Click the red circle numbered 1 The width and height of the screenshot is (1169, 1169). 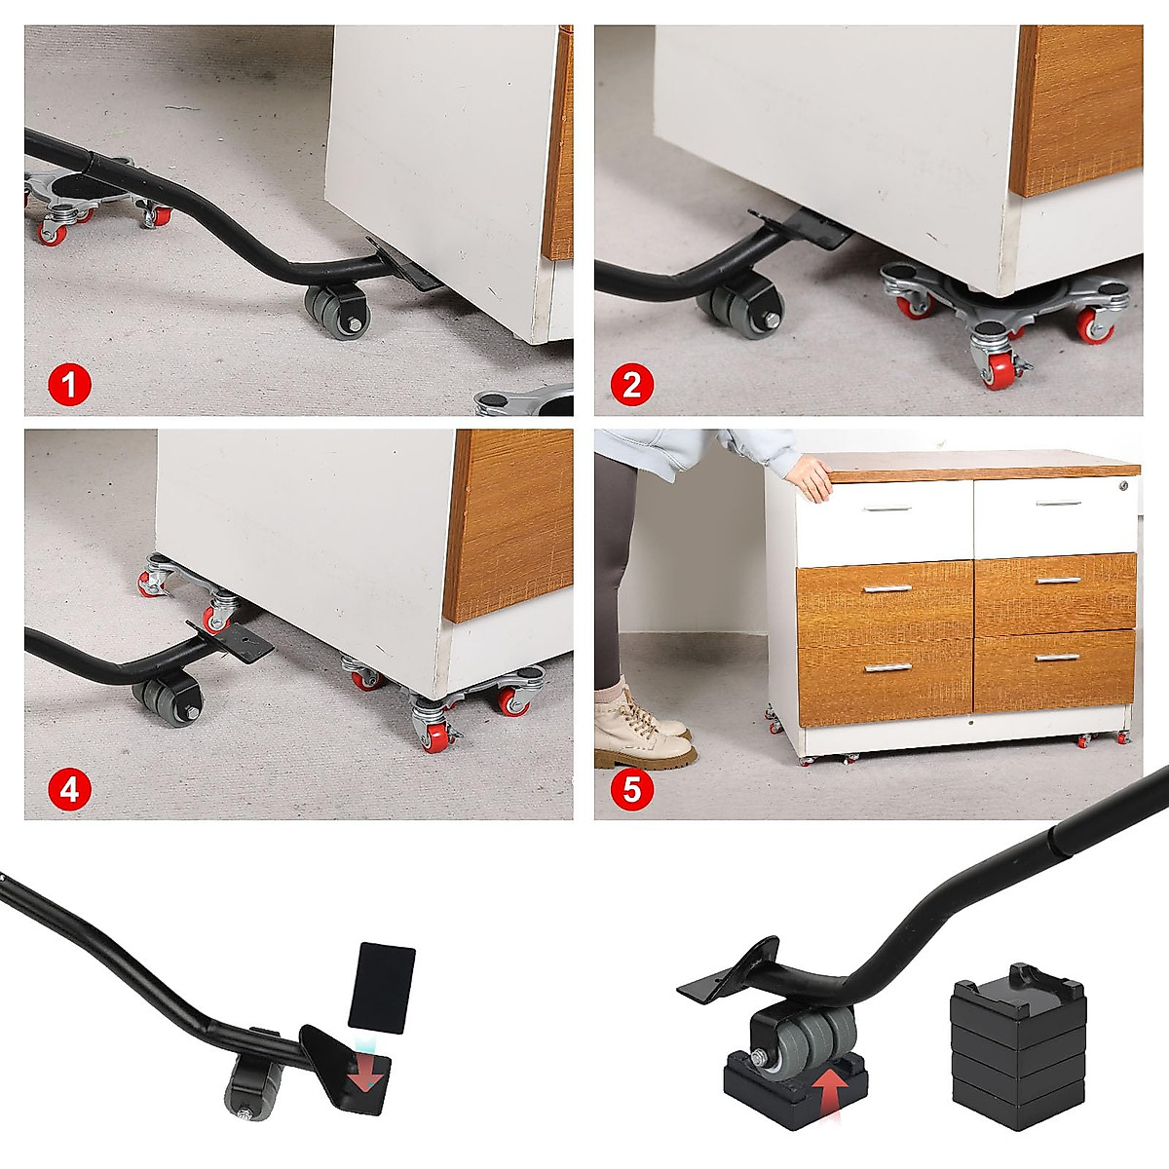[68, 385]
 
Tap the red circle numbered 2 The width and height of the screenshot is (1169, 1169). [631, 385]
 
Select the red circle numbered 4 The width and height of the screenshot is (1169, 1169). [68, 788]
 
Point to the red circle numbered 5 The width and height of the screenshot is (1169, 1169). [631, 788]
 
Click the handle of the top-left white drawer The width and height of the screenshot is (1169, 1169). [886, 509]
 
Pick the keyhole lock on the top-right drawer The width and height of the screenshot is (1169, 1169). [1123, 485]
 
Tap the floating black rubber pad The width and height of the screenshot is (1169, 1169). [382, 987]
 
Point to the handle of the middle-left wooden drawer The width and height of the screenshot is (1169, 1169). [886, 588]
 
